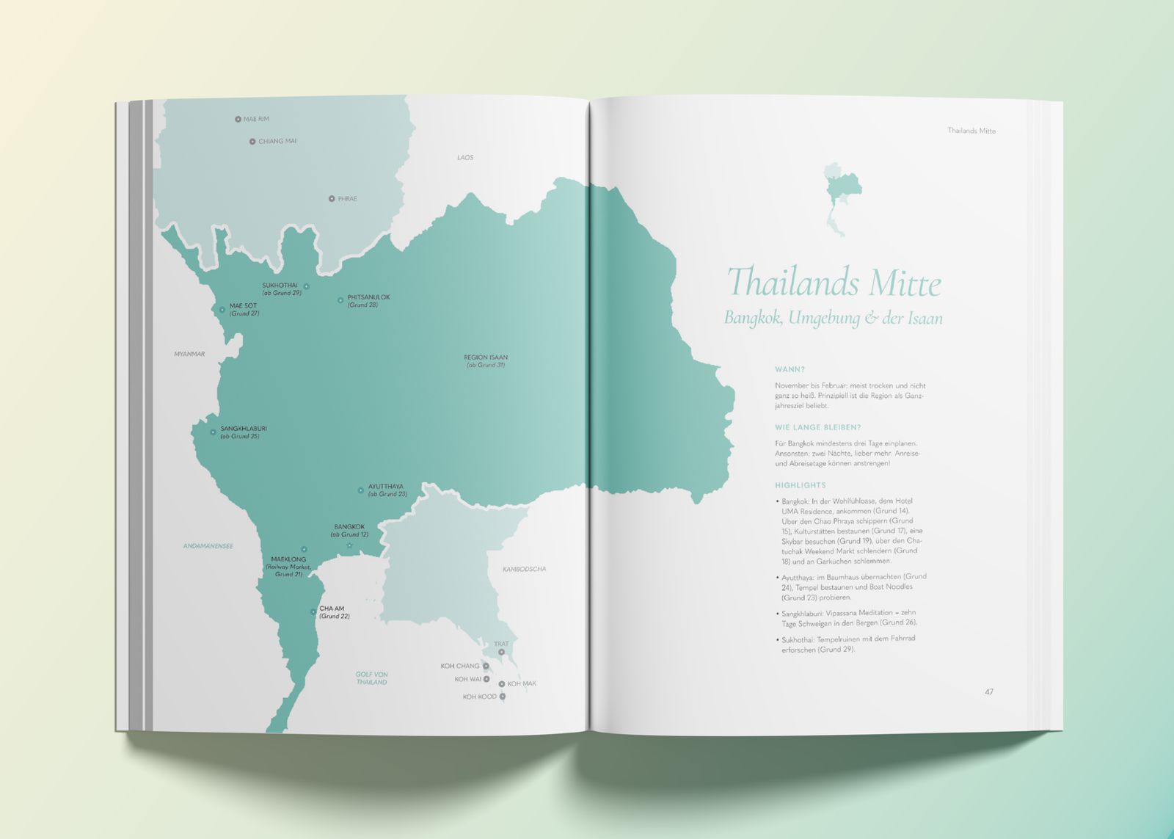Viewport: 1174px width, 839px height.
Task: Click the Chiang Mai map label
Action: click(x=277, y=141)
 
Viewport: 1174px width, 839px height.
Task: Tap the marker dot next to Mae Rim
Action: click(x=238, y=119)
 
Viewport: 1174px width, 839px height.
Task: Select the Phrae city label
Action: click(x=347, y=199)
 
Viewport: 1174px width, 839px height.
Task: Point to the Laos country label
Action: click(x=465, y=158)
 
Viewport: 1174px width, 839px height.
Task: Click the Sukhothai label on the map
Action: click(x=280, y=285)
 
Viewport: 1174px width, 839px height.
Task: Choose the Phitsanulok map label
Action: click(x=368, y=297)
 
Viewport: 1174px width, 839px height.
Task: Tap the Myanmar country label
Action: click(x=189, y=354)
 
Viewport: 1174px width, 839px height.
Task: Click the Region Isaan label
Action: click(x=486, y=357)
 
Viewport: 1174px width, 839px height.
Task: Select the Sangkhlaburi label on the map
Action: click(x=244, y=428)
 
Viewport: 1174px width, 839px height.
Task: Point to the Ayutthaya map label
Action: click(x=386, y=486)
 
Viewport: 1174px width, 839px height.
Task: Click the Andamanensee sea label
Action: click(x=208, y=546)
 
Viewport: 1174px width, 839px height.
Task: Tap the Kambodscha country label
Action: click(x=524, y=569)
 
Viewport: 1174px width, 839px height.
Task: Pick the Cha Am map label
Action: click(x=332, y=609)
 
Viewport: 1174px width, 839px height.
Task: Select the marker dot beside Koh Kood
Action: click(x=503, y=697)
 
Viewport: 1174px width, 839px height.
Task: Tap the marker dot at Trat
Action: click(x=502, y=652)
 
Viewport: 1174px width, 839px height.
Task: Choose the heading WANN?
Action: click(x=790, y=369)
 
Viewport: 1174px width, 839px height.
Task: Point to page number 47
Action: click(x=989, y=692)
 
